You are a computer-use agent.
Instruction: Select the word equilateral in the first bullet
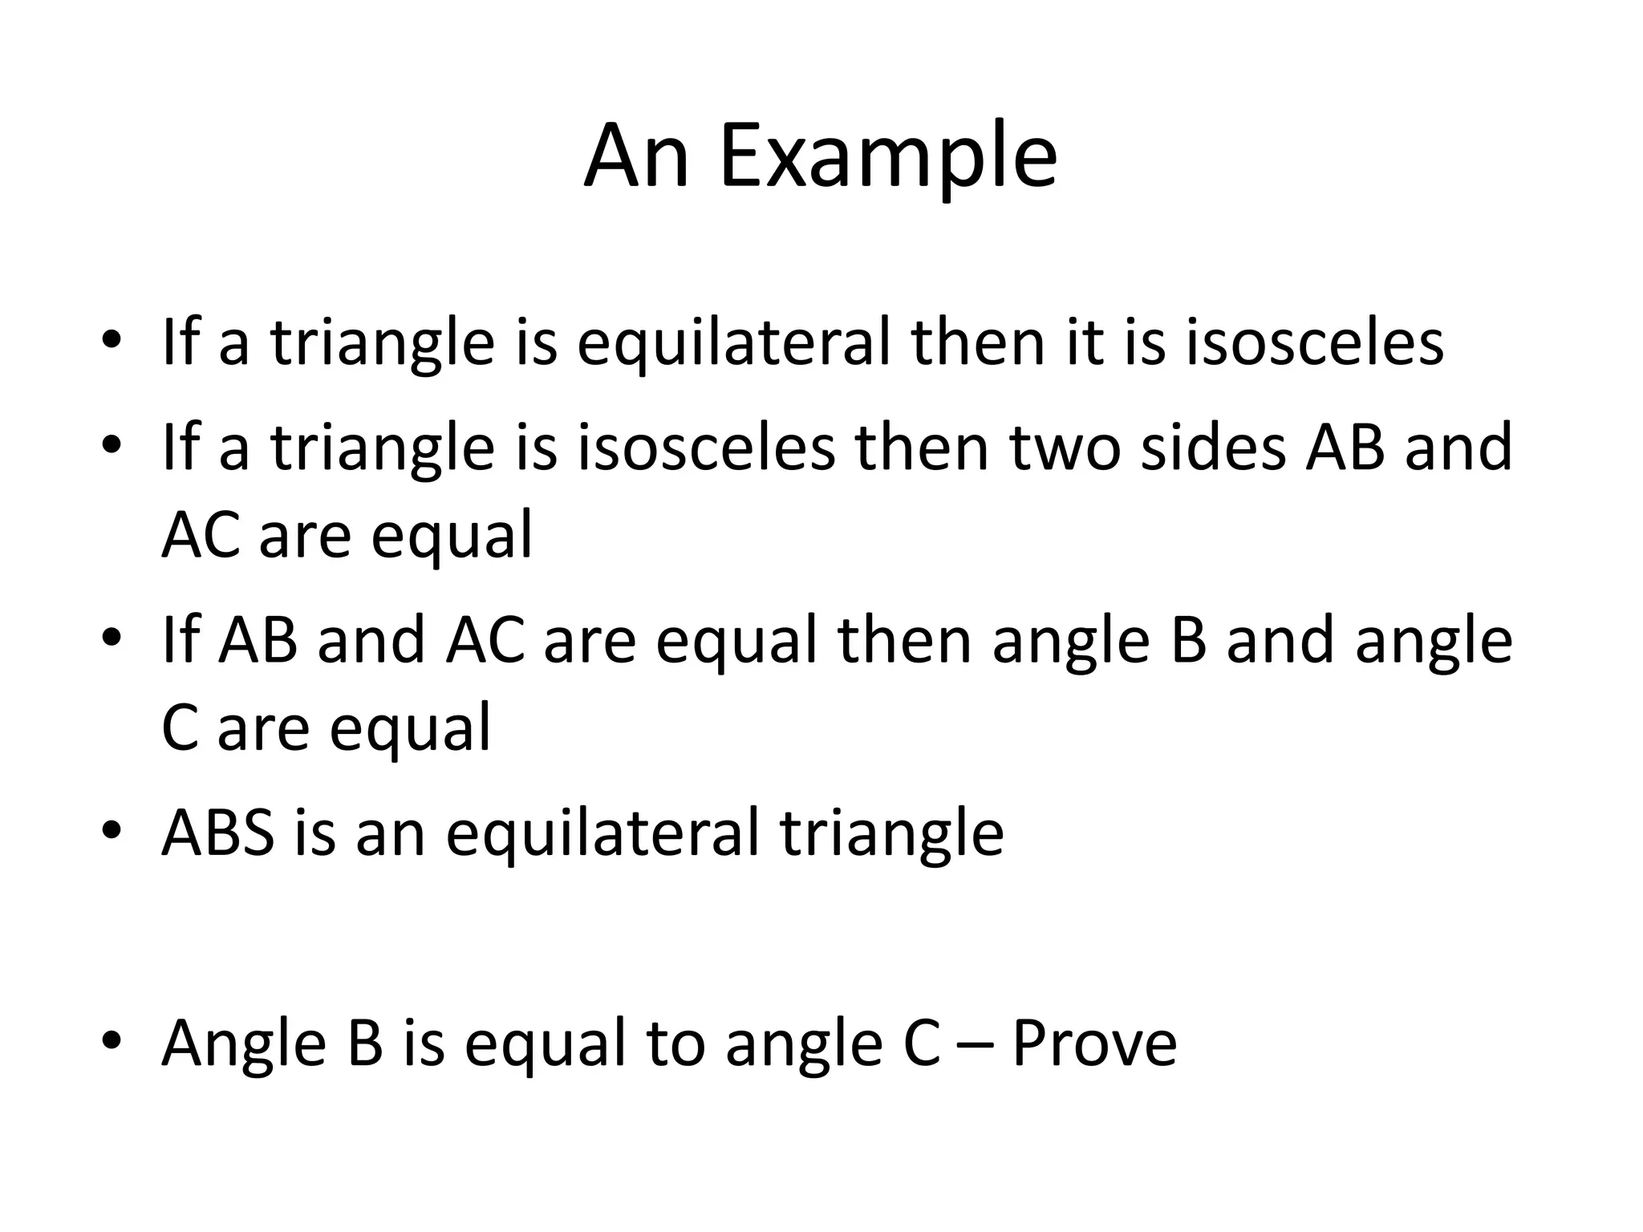tap(733, 343)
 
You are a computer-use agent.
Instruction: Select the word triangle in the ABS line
tap(891, 834)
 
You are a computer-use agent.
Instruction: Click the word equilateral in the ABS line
tap(602, 834)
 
